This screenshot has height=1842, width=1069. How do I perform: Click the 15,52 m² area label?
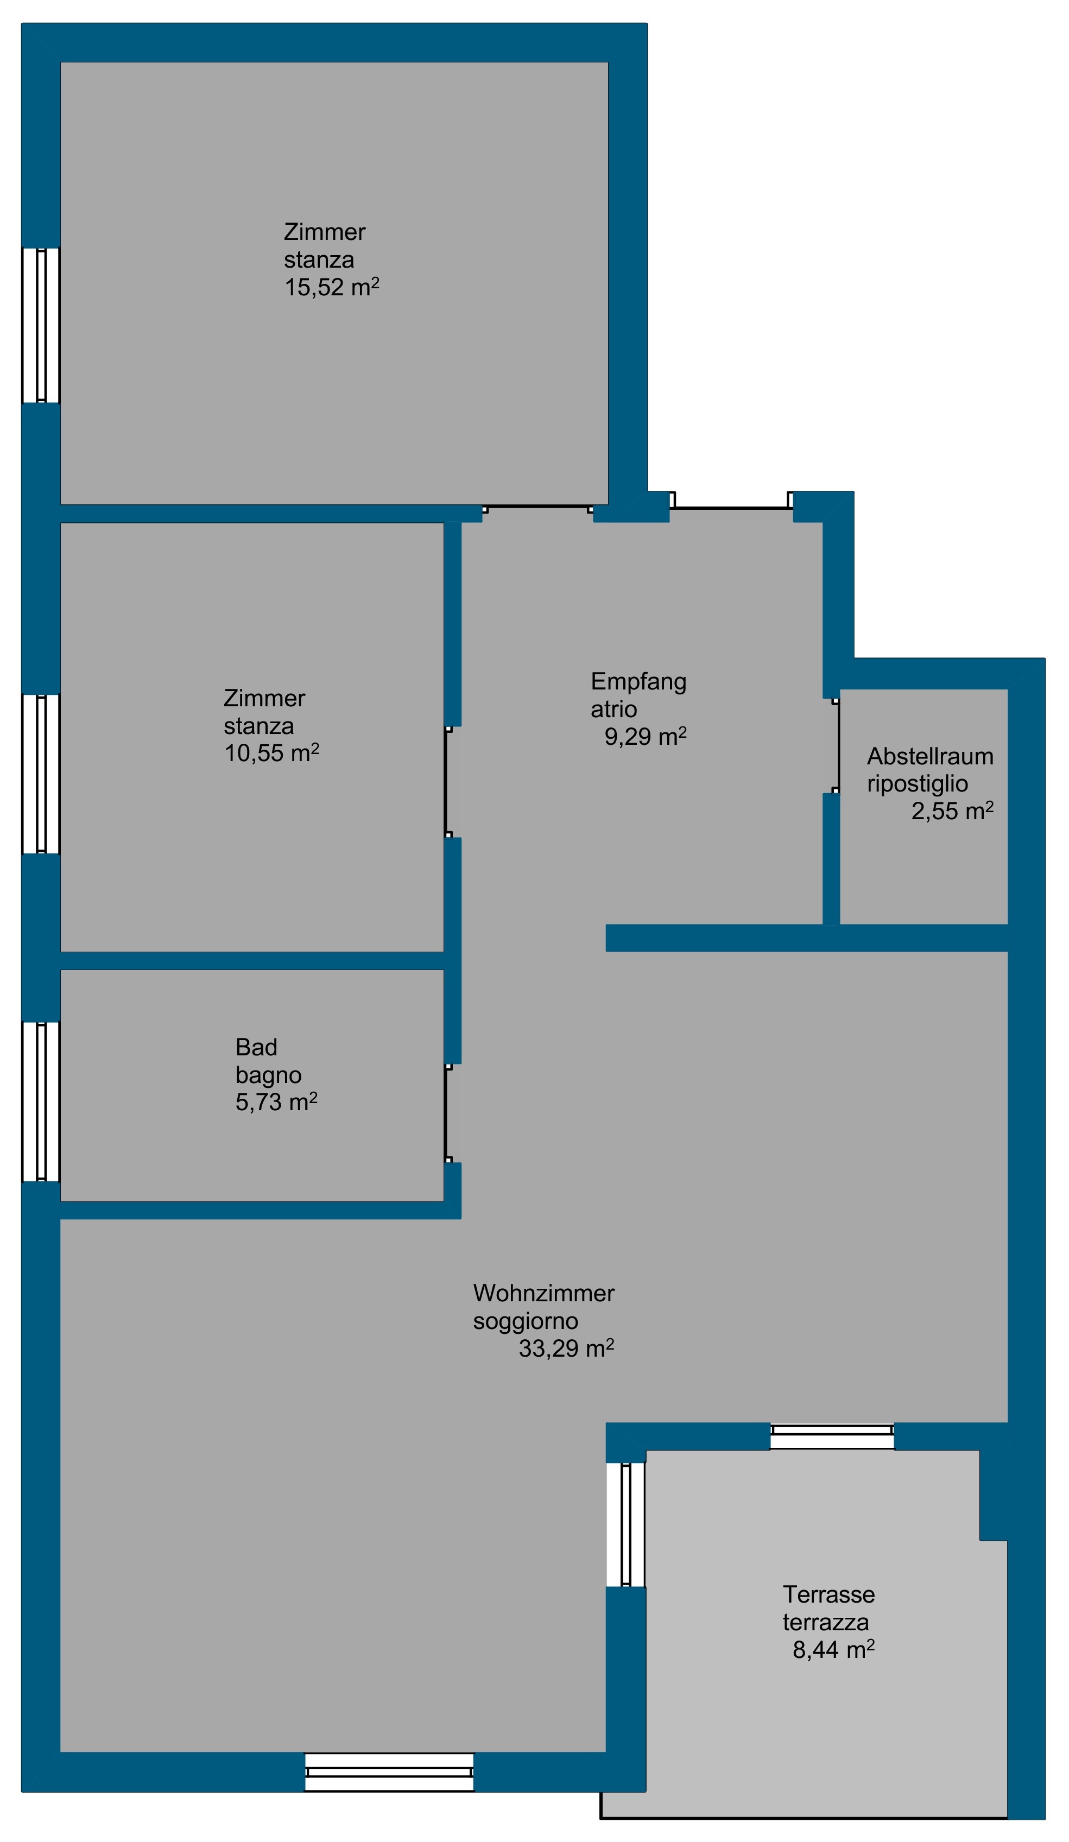[x=331, y=287]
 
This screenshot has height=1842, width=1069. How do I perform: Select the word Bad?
[x=256, y=1047]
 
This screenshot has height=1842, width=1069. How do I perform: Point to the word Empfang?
[x=638, y=682]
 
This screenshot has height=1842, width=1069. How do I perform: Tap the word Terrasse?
[x=828, y=1594]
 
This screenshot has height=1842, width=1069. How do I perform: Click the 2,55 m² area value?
[x=952, y=811]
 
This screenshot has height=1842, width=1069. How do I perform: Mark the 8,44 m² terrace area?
[x=833, y=1650]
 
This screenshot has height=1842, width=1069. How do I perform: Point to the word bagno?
[x=268, y=1075]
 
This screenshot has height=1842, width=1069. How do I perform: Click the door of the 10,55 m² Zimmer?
[x=447, y=781]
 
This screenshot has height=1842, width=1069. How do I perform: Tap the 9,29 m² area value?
[x=645, y=736]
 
